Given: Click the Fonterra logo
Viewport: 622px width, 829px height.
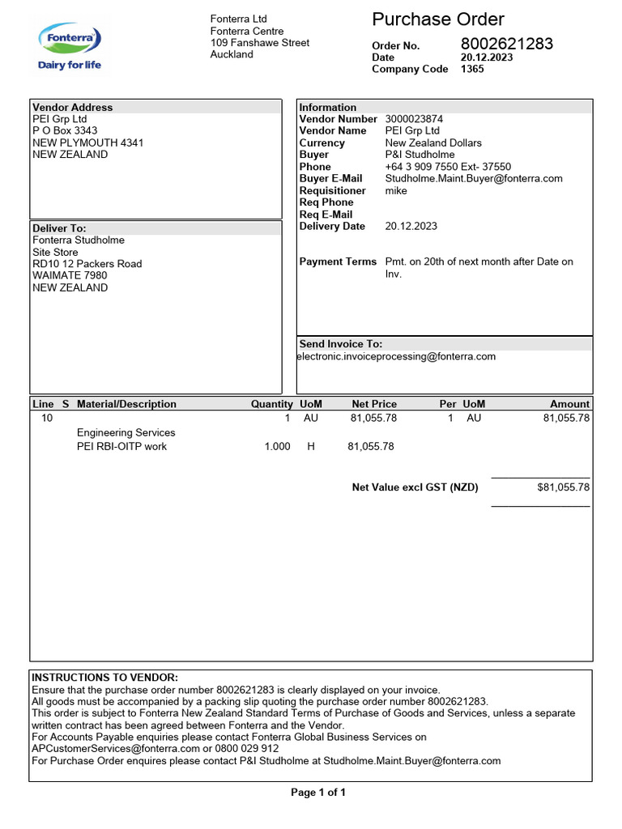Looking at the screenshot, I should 70,46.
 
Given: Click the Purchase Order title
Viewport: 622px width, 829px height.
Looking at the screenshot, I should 437,19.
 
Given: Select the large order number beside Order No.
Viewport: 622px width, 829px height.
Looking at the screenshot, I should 507,44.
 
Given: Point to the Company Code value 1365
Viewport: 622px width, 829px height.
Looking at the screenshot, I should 472,69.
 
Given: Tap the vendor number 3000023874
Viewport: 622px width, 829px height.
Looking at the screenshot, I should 414,119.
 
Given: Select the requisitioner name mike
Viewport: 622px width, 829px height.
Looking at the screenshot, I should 396,190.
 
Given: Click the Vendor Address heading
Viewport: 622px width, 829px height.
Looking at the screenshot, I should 72,107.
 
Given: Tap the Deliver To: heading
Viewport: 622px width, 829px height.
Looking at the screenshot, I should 59,228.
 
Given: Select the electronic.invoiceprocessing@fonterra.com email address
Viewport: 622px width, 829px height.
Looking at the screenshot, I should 396,356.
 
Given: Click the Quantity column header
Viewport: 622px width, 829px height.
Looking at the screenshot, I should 271,404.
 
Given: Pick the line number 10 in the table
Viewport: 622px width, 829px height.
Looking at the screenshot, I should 47,419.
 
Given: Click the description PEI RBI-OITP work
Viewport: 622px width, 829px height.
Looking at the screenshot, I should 121,446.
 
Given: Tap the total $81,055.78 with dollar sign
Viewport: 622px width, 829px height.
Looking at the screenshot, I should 563,487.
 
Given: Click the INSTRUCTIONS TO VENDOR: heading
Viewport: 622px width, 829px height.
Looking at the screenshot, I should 104,677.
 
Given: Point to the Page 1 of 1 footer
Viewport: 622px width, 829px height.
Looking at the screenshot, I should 317,793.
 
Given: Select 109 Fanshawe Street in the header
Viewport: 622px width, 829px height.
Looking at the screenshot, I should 259,43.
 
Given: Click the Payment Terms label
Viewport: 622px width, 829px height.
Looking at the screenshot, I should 338,261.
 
